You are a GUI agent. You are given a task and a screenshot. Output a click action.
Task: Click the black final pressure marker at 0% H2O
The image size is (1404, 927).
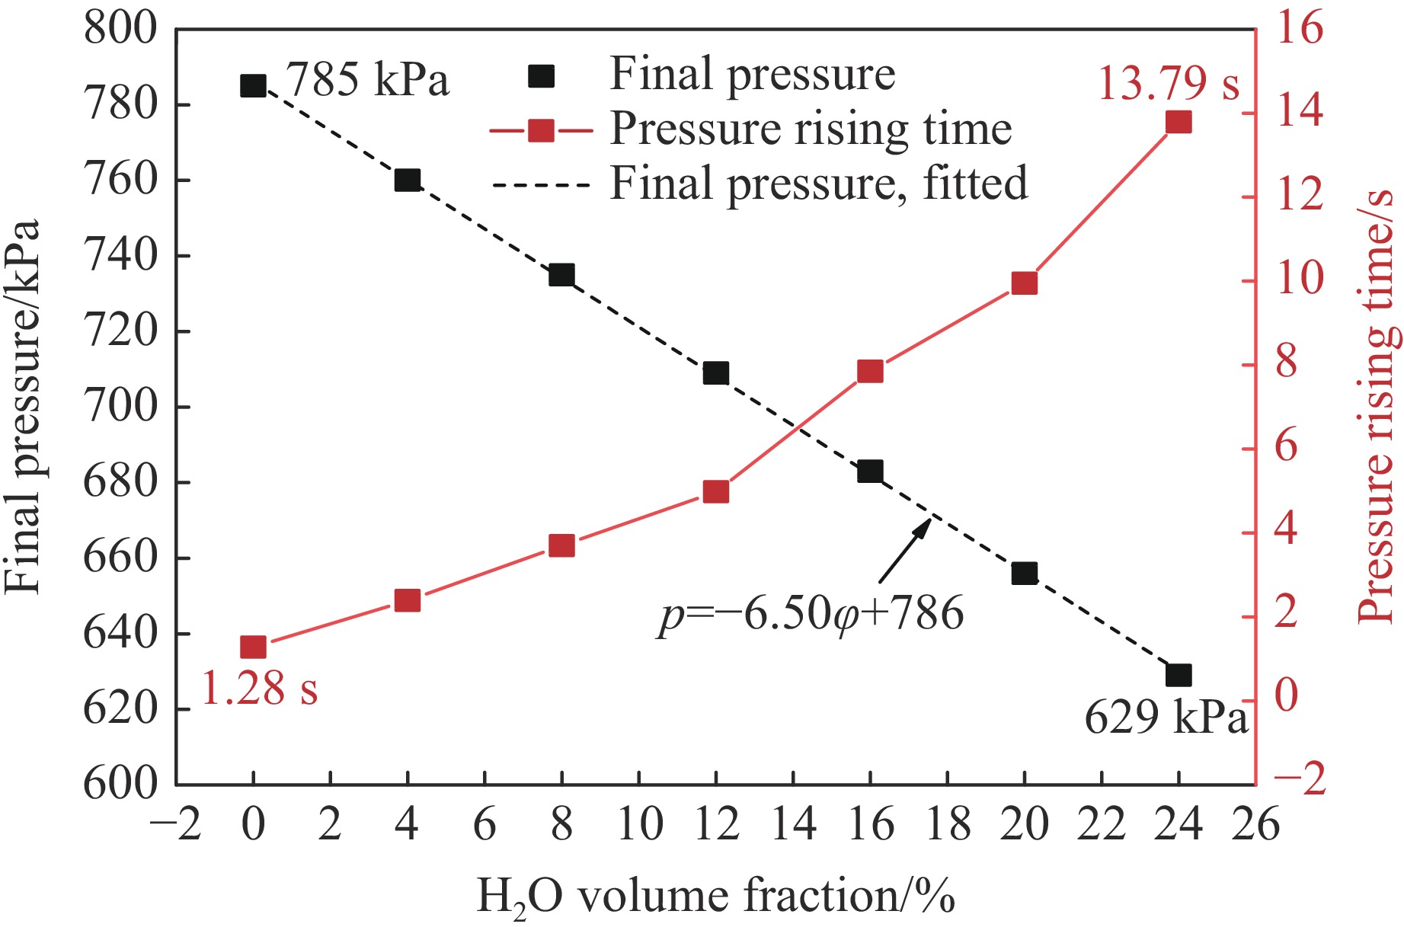coord(253,85)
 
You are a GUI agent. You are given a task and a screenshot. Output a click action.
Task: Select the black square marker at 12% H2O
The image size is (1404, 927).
coord(715,372)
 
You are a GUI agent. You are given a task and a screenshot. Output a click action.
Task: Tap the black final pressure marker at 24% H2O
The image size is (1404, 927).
coord(1178,675)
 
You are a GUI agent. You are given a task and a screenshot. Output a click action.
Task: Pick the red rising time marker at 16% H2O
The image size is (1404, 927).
coord(869,371)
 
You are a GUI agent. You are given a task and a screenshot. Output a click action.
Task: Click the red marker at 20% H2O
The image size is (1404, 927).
coord(1024,283)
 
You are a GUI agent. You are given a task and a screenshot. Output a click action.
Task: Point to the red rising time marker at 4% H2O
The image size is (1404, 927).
coord(408,600)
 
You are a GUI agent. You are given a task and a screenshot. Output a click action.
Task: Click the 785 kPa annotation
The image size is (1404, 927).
coord(367,79)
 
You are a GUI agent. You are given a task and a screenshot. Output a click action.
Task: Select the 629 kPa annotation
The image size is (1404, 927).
coord(1166,717)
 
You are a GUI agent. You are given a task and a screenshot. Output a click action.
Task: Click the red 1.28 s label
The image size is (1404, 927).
coord(259,688)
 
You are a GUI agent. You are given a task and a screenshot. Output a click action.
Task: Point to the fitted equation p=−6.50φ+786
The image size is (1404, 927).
coord(811,614)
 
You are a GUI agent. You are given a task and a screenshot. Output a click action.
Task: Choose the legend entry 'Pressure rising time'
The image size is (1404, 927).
coord(811,129)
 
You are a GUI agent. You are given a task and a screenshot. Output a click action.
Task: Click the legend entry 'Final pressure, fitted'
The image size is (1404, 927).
coord(819,184)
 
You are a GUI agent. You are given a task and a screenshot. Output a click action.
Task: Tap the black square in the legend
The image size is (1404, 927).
coord(541,75)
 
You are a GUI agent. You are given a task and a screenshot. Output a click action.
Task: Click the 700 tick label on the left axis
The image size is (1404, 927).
coord(120,407)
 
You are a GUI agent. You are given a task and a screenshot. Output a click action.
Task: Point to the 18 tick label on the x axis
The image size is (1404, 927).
coord(947,824)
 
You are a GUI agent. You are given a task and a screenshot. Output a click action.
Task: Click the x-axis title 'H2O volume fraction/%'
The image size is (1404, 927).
coord(715,896)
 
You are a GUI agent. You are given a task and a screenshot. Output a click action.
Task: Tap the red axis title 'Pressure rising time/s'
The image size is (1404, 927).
coord(1377,408)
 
